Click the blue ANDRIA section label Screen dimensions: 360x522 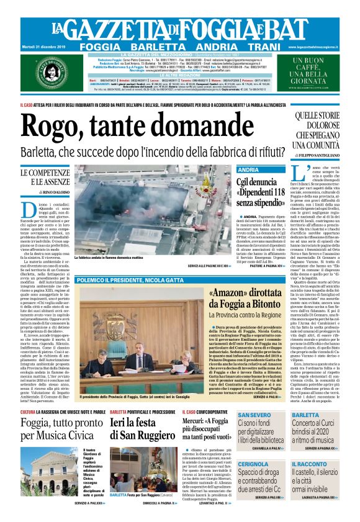[249, 169]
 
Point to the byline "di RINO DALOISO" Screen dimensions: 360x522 [45, 192]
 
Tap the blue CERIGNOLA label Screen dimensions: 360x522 [253, 464]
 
